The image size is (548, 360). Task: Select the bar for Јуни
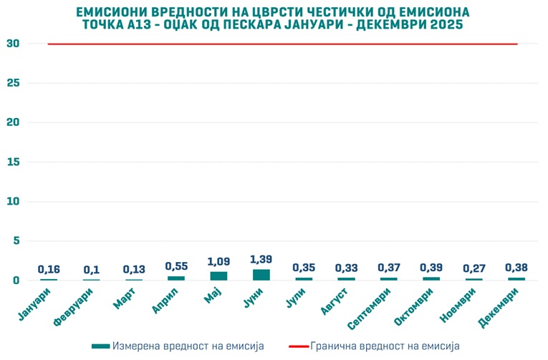pyautogui.click(x=261, y=275)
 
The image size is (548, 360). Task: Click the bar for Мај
pyautogui.click(x=218, y=276)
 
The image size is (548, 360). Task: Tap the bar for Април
pyautogui.click(x=176, y=278)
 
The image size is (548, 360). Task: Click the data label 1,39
pyautogui.click(x=261, y=258)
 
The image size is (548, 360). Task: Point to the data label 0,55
pyautogui.click(x=176, y=266)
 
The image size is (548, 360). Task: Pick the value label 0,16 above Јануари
pyautogui.click(x=49, y=270)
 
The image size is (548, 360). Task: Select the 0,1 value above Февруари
pyautogui.click(x=91, y=270)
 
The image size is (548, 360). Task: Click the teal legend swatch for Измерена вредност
pyautogui.click(x=101, y=346)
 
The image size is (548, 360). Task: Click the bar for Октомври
pyautogui.click(x=431, y=278)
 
